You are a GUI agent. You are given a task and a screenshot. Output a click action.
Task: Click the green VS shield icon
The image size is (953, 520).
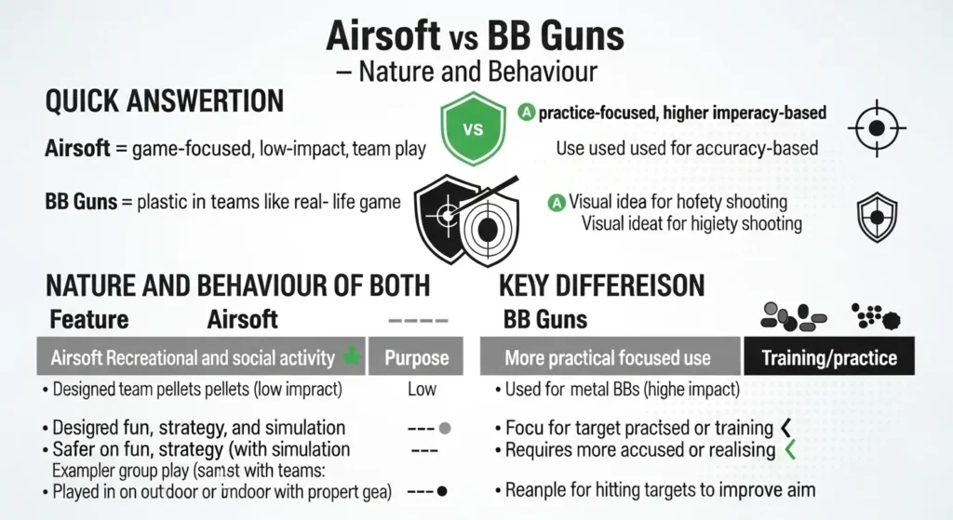(x=473, y=129)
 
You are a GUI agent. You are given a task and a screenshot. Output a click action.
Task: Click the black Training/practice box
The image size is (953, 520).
(x=828, y=357)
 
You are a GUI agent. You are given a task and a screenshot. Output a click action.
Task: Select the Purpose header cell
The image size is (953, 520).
(x=416, y=357)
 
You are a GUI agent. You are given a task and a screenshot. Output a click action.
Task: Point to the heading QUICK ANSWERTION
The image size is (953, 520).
(x=164, y=100)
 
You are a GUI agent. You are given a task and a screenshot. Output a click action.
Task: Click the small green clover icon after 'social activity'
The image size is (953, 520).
(x=351, y=356)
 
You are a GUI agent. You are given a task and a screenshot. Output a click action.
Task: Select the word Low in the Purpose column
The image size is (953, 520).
(x=422, y=390)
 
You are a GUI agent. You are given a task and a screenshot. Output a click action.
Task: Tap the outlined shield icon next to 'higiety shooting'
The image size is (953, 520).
(x=877, y=217)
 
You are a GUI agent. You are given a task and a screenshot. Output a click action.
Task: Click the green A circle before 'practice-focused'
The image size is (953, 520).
(x=526, y=113)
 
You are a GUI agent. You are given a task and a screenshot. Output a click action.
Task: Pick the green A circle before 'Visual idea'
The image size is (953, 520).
(x=557, y=201)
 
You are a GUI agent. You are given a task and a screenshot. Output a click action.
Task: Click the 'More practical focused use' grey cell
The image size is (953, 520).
(x=608, y=357)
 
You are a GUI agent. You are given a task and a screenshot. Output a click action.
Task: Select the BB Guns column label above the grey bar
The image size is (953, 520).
(x=545, y=320)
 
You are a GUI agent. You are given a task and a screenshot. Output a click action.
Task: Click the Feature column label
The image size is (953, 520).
(x=88, y=320)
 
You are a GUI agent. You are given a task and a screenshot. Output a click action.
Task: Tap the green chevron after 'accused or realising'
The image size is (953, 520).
(x=790, y=450)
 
